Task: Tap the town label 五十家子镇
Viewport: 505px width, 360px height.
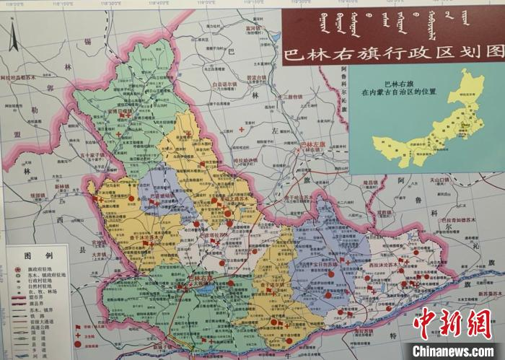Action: click(95, 154)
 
